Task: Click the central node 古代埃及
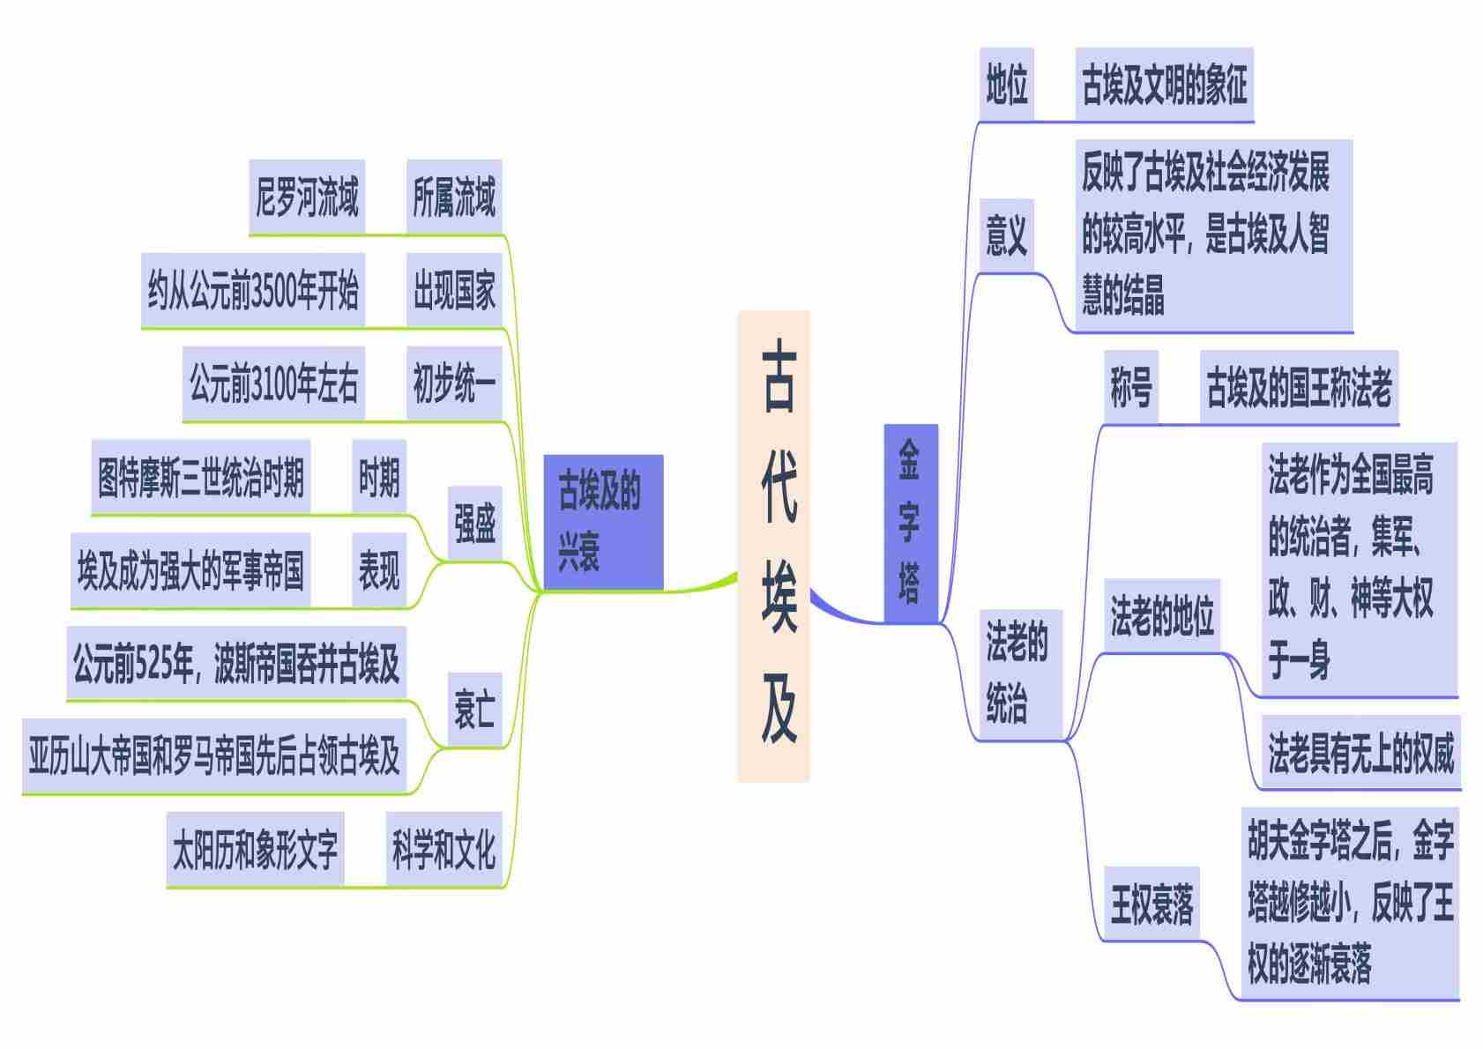773,546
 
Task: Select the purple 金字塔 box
910,523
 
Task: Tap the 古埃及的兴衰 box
603,522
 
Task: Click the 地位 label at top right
1006,86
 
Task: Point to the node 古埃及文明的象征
1164,86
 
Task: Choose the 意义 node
1006,236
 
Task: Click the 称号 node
1131,388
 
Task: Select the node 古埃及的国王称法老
1299,388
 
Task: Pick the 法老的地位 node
1162,616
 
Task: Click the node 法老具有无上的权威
1360,753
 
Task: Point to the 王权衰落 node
1151,904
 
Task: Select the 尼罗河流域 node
307,197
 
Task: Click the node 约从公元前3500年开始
253,291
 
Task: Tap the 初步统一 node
454,384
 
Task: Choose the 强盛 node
474,524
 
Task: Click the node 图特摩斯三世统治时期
201,478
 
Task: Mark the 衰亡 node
474,710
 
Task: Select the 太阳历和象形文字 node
255,850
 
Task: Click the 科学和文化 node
443,850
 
